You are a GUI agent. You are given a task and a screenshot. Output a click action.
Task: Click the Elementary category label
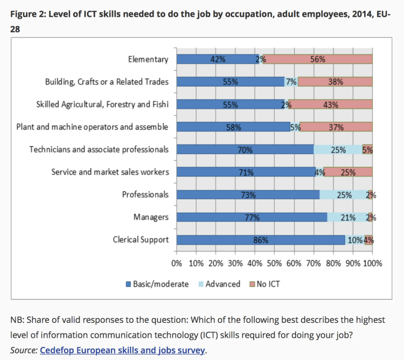[148, 59]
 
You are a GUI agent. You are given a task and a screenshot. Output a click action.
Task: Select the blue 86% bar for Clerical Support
[261, 240]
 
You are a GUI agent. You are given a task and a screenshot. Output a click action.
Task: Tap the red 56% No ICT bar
[318, 59]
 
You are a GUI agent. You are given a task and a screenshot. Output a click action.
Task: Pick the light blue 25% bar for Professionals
[344, 195]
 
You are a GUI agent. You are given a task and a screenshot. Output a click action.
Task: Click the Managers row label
[151, 217]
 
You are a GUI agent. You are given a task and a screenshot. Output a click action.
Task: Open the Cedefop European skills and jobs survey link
[122, 350]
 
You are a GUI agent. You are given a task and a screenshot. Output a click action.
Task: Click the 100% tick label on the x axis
[373, 264]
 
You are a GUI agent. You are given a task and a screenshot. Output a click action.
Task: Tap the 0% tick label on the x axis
[177, 264]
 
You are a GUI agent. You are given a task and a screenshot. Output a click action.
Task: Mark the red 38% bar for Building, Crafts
[335, 82]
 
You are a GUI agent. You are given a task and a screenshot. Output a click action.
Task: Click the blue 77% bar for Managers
[252, 217]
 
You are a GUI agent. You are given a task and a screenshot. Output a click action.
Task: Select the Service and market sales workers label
[110, 172]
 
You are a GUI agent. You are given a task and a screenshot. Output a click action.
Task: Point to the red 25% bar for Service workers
[348, 172]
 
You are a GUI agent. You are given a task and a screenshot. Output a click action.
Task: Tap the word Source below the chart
[24, 350]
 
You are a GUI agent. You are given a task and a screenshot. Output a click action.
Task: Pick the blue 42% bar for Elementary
[218, 59]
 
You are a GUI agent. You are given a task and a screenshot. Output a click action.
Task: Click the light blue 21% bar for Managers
[347, 217]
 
